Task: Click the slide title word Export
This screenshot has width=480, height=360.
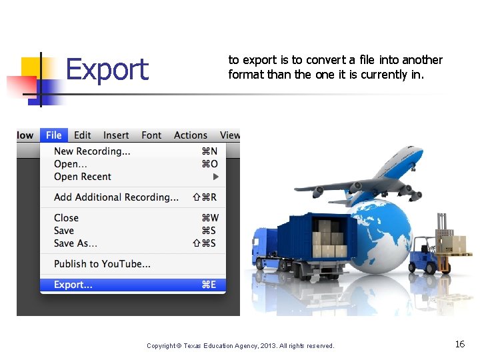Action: tap(107, 69)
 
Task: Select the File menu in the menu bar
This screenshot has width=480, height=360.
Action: tap(54, 135)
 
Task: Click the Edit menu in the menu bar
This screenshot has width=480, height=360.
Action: tap(83, 135)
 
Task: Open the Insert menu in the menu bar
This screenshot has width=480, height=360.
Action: tap(116, 135)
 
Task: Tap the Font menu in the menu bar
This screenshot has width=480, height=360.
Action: tap(151, 135)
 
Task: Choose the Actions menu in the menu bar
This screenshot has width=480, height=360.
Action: tap(191, 135)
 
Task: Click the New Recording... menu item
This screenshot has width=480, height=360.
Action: tap(92, 151)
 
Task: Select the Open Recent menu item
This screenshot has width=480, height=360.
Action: tap(83, 177)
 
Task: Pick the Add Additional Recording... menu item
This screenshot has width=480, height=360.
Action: tap(116, 197)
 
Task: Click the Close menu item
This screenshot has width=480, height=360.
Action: tap(66, 218)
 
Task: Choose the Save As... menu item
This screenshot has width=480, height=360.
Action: tap(75, 243)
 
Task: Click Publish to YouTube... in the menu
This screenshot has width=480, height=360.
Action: tap(102, 264)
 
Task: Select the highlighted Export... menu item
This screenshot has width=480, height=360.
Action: tap(73, 285)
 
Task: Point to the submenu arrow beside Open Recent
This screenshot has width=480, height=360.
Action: tap(215, 177)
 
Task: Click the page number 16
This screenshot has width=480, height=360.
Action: tap(460, 344)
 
